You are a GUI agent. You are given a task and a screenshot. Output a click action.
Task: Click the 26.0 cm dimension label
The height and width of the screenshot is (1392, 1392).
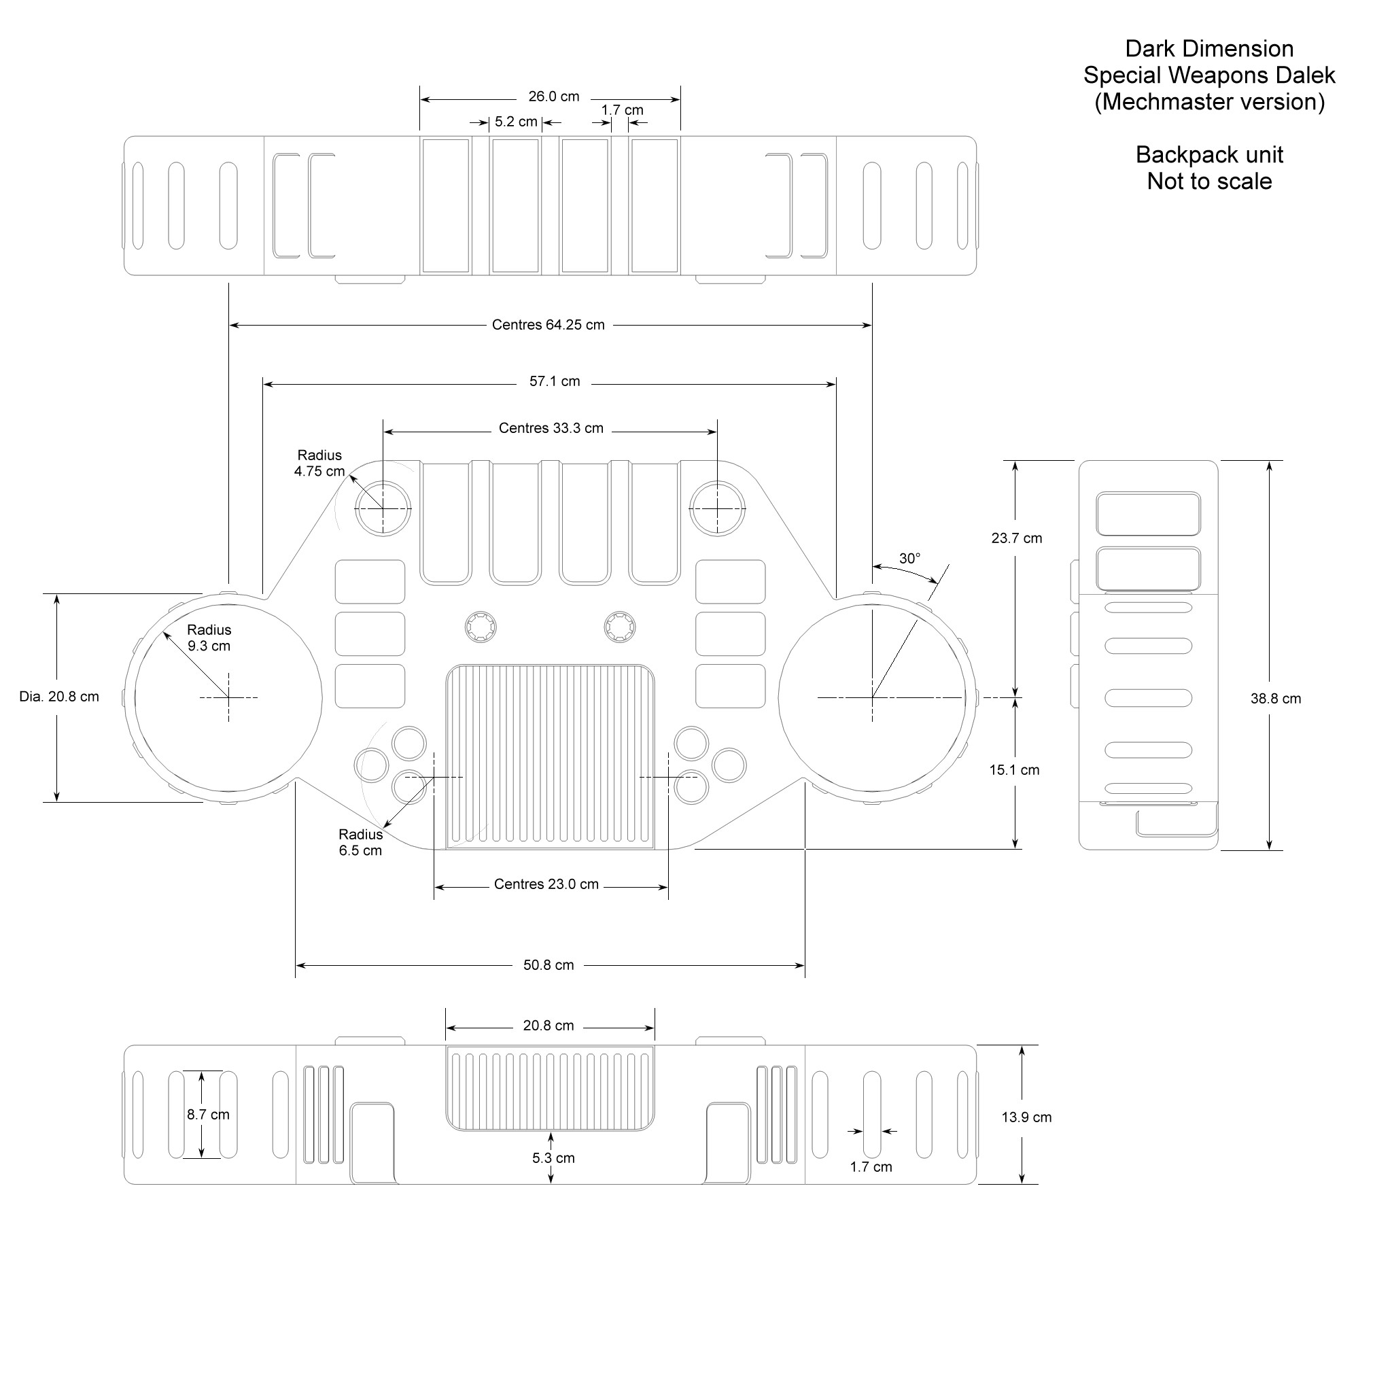click(x=553, y=97)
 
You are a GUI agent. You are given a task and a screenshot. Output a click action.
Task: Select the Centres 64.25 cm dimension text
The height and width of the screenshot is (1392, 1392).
click(x=548, y=325)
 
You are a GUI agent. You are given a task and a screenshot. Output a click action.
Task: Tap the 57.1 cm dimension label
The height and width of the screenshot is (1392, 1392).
click(x=554, y=382)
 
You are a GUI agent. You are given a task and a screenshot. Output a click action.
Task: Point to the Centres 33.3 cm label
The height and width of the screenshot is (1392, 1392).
click(x=551, y=429)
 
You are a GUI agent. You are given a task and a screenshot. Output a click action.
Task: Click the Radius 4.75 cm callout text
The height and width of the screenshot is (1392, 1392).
click(x=319, y=464)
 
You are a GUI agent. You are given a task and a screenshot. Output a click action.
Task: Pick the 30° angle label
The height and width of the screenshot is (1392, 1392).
click(x=909, y=559)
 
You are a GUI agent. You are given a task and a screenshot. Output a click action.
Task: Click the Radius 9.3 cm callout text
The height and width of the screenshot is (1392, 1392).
click(x=209, y=638)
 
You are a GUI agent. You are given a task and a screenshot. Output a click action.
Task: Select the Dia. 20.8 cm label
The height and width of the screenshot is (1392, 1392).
click(x=59, y=697)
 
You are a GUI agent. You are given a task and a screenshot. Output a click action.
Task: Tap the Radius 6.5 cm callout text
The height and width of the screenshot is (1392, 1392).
click(x=360, y=842)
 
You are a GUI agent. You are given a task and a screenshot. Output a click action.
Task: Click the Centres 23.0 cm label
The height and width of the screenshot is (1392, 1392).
click(x=546, y=884)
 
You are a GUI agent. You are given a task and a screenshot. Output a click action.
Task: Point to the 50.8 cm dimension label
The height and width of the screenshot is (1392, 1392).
click(x=549, y=965)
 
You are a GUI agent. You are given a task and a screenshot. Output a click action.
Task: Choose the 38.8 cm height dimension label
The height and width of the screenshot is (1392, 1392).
click(x=1275, y=699)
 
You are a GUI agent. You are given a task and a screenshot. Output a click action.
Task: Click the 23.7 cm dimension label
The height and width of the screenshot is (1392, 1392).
click(x=1016, y=538)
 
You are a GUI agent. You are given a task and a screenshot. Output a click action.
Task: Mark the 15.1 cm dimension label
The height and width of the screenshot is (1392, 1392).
click(x=1013, y=770)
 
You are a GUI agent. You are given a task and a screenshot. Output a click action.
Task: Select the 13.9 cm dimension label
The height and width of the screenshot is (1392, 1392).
click(x=1026, y=1117)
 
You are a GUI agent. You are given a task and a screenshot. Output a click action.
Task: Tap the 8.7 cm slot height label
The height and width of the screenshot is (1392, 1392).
click(x=208, y=1115)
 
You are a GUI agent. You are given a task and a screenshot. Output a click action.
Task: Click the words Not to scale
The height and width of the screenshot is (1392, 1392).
click(x=1209, y=181)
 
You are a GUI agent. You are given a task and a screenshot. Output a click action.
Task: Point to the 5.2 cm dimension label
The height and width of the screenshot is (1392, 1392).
click(x=516, y=122)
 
